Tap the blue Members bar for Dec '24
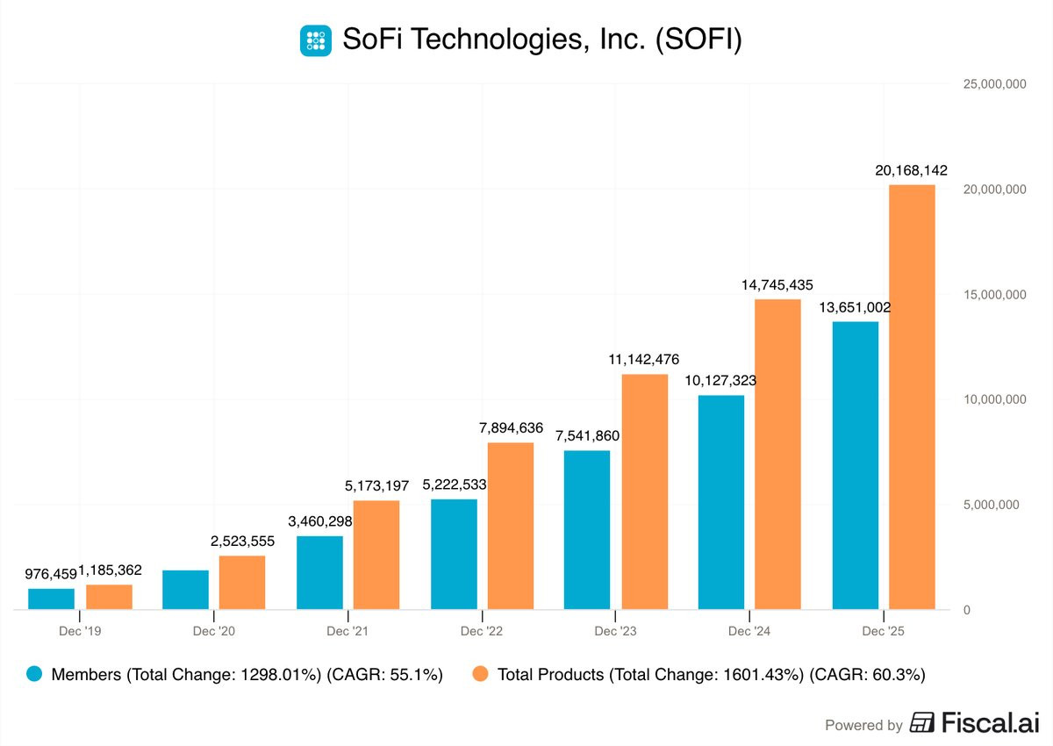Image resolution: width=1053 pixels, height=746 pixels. pyautogui.click(x=721, y=502)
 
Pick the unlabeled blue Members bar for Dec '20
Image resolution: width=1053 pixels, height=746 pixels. pyautogui.click(x=185, y=590)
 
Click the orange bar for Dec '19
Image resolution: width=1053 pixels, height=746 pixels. pyautogui.click(x=109, y=597)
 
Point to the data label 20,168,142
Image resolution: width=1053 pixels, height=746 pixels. pyautogui.click(x=911, y=170)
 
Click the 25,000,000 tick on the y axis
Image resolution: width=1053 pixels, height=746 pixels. pyautogui.click(x=990, y=84)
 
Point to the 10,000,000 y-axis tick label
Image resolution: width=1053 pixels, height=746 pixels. pyautogui.click(x=990, y=399)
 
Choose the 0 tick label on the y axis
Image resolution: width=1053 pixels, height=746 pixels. pyautogui.click(x=966, y=610)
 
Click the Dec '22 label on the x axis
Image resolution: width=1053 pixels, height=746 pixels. pyautogui.click(x=483, y=631)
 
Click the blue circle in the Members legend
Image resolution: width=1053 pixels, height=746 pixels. pyautogui.click(x=35, y=675)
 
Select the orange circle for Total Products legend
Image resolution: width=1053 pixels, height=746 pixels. pyautogui.click(x=481, y=675)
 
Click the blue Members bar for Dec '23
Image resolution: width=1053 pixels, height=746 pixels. pyautogui.click(x=587, y=530)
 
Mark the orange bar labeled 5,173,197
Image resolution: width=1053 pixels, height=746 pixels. pyautogui.click(x=376, y=555)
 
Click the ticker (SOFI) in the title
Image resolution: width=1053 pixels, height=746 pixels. pyautogui.click(x=699, y=40)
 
